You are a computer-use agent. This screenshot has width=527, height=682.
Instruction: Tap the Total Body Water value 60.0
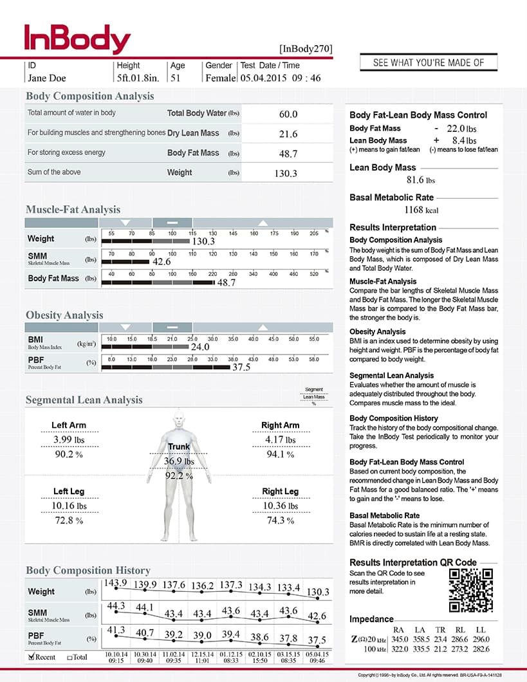click(288, 115)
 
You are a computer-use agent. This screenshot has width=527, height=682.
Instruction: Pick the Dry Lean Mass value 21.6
click(288, 134)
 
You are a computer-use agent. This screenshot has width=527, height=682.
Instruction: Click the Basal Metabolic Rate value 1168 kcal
click(423, 210)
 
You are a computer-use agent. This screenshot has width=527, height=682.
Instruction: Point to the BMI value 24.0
click(201, 347)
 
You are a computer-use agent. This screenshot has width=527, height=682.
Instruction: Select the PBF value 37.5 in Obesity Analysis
click(241, 367)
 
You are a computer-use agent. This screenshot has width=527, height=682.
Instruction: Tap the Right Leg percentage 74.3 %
click(281, 521)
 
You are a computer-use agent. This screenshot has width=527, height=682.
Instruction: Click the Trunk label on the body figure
click(179, 447)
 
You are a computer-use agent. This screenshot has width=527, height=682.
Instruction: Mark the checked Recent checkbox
click(32, 657)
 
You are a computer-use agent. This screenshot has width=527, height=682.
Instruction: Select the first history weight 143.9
click(115, 583)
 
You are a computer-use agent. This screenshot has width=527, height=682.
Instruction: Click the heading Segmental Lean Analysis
click(84, 400)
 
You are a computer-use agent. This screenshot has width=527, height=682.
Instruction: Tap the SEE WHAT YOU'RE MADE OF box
click(429, 62)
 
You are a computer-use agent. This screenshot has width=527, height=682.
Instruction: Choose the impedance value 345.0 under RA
click(400, 639)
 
